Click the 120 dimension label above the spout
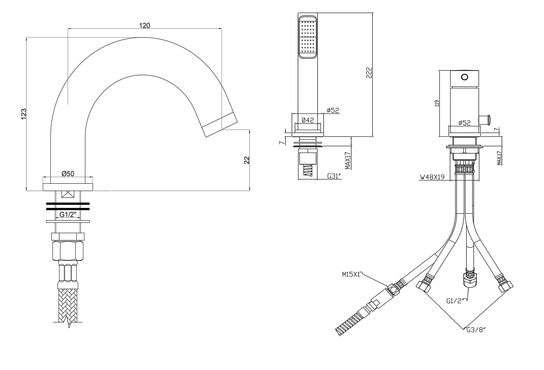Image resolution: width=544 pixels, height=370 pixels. [x=145, y=26]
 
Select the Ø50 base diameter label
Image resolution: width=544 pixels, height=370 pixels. [x=68, y=174]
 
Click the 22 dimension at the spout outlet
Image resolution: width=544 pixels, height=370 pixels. [x=247, y=160]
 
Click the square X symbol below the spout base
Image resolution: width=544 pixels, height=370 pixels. [x=68, y=195]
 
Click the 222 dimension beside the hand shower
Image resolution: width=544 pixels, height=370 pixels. [x=369, y=73]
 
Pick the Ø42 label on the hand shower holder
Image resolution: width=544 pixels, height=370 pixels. [x=308, y=120]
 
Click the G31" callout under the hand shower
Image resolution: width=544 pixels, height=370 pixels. [x=334, y=176]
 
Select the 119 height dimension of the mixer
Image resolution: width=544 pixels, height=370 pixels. [x=437, y=103]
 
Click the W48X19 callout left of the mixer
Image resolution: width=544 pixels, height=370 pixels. [x=432, y=177]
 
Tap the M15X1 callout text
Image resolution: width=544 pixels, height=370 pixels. [x=351, y=274]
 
